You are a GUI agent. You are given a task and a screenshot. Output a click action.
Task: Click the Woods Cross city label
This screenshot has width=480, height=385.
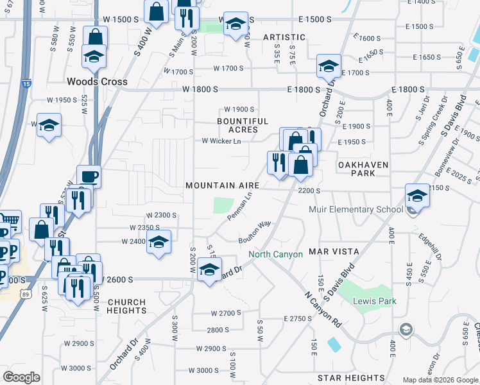[98, 82]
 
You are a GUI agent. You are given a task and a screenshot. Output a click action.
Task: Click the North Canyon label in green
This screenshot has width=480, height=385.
[275, 255]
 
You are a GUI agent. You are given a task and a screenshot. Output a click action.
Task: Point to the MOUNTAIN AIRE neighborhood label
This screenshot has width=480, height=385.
[222, 185]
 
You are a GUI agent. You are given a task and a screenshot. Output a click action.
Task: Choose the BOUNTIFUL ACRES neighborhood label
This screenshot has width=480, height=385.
[243, 125]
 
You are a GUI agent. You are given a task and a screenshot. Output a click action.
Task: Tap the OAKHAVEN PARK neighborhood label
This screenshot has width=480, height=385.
[364, 169]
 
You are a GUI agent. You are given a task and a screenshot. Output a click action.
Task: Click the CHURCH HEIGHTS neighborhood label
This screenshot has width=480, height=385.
[127, 306]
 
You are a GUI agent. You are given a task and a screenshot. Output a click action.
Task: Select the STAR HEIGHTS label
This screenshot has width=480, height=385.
[355, 378]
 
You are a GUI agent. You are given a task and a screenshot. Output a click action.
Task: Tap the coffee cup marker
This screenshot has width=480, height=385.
[89, 176]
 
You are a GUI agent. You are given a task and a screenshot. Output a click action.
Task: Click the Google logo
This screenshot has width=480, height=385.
[21, 377]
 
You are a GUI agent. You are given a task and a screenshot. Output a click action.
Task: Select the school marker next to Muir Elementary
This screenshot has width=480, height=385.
[417, 195]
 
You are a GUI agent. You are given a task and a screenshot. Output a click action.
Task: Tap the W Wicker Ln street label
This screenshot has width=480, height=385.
[221, 141]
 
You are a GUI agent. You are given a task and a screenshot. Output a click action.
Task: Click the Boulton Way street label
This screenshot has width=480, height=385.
[255, 232]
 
